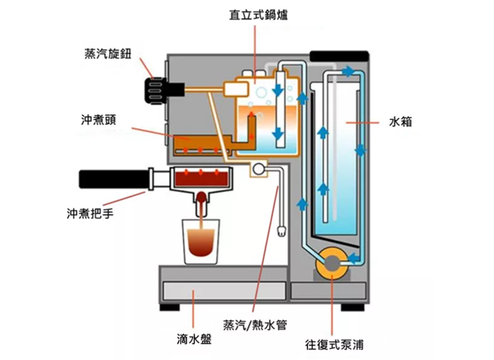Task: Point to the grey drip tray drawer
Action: (222, 291)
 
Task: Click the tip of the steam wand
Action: (282, 232)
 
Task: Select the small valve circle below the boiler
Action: (257, 168)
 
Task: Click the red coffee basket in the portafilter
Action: (201, 180)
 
